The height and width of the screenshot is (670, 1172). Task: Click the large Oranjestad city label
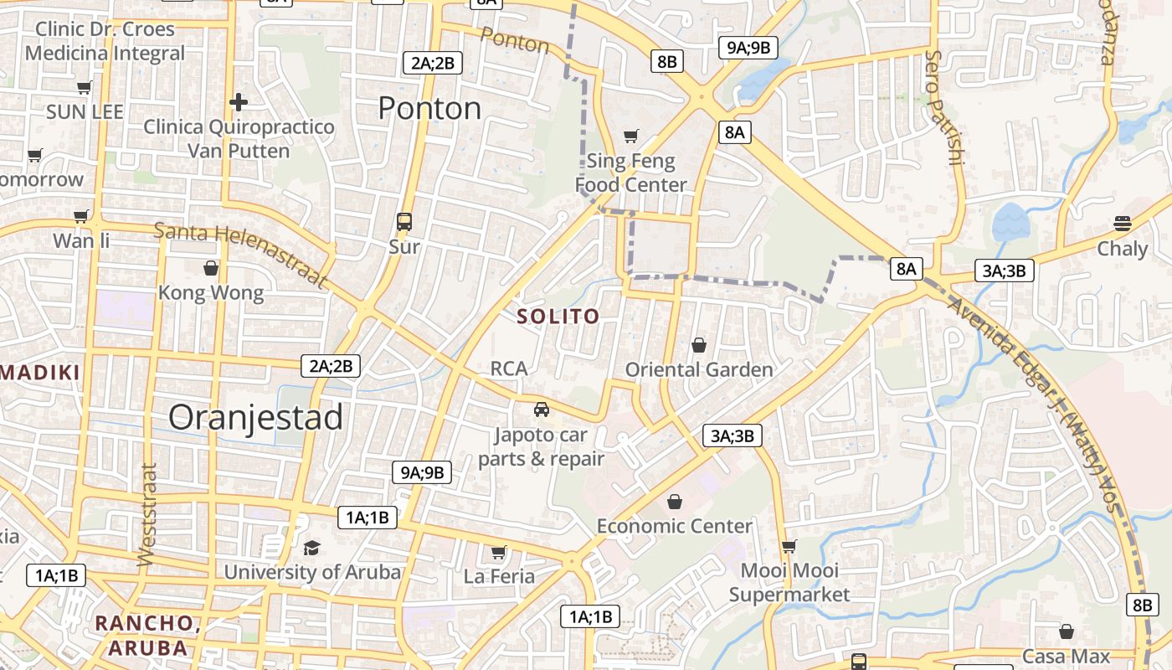(256, 417)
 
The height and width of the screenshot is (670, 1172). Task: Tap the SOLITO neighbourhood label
(558, 317)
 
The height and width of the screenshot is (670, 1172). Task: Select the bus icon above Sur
(404, 222)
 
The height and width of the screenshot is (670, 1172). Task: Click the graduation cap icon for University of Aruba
(312, 548)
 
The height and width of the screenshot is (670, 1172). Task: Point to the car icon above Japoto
(542, 410)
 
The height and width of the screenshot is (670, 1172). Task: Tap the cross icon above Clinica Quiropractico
(239, 102)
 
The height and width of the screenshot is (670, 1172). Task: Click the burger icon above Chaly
(1123, 224)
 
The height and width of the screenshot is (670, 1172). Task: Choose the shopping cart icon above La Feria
(499, 552)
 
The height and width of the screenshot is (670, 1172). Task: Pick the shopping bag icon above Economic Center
(674, 502)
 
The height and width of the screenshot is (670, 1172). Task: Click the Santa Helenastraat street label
(240, 255)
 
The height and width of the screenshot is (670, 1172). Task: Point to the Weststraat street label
(147, 514)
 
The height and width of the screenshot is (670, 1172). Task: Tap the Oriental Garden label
(699, 369)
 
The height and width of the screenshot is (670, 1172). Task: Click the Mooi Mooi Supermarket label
(789, 583)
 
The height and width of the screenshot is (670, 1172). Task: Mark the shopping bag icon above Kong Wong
(211, 268)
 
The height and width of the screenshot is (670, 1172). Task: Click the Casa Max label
(1066, 657)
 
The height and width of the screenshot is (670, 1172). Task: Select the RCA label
(509, 368)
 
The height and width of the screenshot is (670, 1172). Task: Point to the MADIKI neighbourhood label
(39, 374)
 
